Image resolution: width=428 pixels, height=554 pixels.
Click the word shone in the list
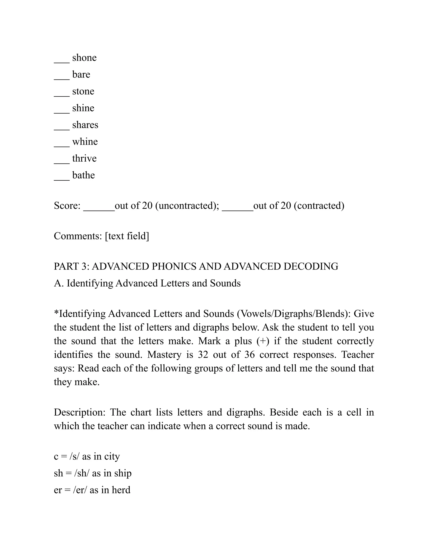[x=84, y=58]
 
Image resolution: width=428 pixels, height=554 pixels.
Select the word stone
[x=83, y=91]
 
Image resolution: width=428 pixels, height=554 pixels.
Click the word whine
[x=85, y=142]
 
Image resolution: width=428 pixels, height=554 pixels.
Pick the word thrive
[x=84, y=158]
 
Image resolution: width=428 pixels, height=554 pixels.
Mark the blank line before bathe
[x=62, y=179]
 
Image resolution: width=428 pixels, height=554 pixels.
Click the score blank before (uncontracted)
[x=99, y=209]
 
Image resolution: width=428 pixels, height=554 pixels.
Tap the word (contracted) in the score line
[x=319, y=206]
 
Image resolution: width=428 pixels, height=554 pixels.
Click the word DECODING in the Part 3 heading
[x=311, y=266]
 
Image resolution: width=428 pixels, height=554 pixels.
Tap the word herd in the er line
[x=121, y=490]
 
